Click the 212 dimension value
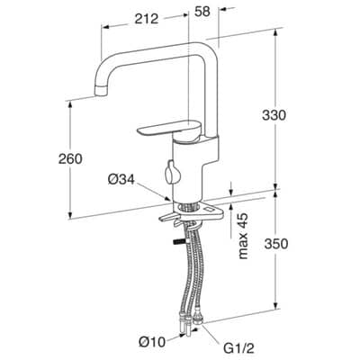[146, 19]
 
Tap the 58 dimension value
[202, 12]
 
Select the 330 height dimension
[274, 115]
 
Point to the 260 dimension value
[70, 158]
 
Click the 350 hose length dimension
[276, 244]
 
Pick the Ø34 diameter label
[121, 180]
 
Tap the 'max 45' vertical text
[243, 236]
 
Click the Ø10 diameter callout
[152, 342]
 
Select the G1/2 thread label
[239, 348]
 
